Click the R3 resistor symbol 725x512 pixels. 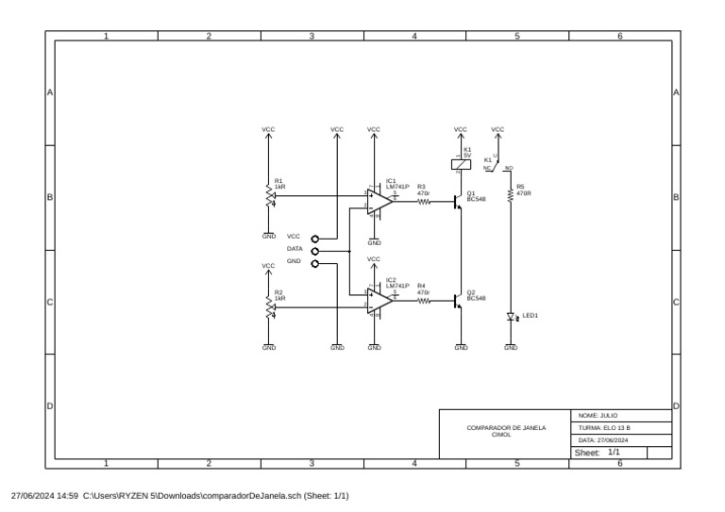coord(424,201)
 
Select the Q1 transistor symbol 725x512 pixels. coord(459,201)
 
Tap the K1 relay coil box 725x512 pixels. coord(460,162)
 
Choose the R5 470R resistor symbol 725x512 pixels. coord(511,194)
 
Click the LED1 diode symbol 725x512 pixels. coord(511,317)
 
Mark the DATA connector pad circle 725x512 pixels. coord(315,252)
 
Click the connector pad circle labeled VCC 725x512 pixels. coord(315,239)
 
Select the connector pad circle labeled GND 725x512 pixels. coord(315,264)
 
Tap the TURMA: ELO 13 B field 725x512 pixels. coord(604,427)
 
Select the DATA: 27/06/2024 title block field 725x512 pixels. coord(604,440)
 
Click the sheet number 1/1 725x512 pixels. coord(615,453)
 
